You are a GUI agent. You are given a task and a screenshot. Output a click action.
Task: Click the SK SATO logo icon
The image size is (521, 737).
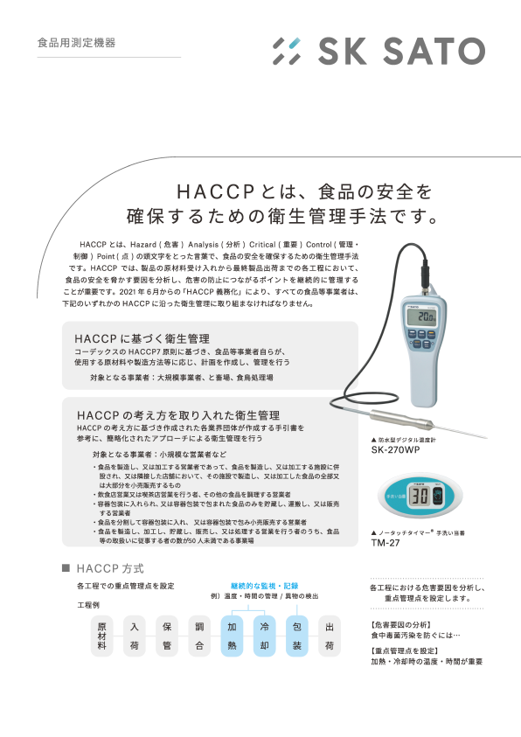pos(286,51)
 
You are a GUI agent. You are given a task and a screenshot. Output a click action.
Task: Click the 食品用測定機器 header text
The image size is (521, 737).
pos(76,42)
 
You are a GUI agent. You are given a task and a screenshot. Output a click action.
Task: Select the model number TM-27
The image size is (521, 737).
pos(386,542)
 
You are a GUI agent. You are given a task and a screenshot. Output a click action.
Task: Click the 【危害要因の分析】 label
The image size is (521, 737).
pos(401,625)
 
